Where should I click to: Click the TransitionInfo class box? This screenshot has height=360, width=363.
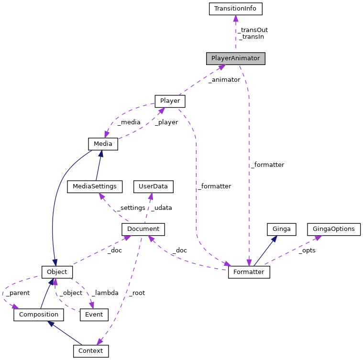[236, 9]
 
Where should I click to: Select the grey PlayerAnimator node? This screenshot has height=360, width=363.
[235, 58]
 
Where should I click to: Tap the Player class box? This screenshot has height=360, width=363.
[170, 101]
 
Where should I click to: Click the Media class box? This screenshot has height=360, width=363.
[103, 143]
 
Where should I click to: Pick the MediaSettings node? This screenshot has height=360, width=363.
[95, 186]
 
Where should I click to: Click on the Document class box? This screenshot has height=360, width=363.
[143, 229]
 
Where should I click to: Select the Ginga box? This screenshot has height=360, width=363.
[281, 229]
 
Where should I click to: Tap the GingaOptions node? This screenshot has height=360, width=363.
[333, 229]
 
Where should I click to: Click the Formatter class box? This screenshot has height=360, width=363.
[249, 272]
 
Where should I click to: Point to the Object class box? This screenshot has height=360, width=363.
[57, 272]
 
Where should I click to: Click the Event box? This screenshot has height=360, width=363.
[94, 315]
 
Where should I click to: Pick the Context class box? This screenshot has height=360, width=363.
[91, 351]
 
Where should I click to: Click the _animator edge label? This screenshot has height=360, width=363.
[224, 80]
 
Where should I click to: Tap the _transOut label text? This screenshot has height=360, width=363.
[253, 30]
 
